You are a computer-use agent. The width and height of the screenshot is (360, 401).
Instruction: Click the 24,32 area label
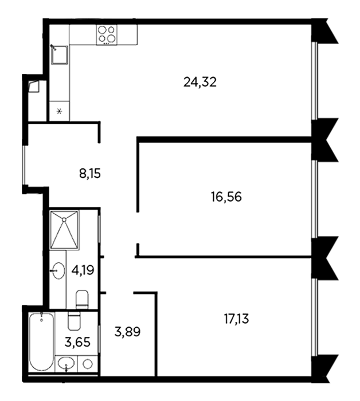tap(200, 82)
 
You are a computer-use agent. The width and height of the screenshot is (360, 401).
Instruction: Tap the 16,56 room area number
tap(226, 197)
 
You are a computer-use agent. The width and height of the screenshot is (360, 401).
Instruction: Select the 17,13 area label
tap(236, 319)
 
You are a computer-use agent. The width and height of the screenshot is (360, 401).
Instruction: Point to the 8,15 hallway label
tap(90, 174)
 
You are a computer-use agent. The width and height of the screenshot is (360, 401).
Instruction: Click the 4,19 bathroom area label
tap(83, 270)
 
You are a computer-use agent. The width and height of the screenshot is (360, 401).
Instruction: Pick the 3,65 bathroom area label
tap(77, 342)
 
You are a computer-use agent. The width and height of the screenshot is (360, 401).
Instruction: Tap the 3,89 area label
tap(127, 332)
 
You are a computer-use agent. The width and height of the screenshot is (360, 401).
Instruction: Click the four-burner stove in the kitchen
tap(107, 35)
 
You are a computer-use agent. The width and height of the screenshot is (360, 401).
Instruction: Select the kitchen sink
tap(60, 55)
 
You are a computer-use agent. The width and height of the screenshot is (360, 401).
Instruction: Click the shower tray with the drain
tap(64, 229)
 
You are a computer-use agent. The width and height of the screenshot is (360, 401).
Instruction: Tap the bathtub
tap(42, 341)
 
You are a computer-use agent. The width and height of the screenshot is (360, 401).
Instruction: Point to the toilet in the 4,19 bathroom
tap(82, 299)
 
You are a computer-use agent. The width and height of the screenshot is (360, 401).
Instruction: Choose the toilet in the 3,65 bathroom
tap(75, 321)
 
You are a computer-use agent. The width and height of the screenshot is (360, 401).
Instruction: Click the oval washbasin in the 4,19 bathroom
tap(58, 270)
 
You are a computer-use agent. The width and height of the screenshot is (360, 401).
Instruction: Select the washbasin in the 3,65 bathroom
tap(66, 363)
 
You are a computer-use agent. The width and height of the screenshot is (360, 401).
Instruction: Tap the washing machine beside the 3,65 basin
tap(88, 364)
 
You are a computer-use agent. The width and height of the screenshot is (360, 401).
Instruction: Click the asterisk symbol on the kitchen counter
tap(60, 112)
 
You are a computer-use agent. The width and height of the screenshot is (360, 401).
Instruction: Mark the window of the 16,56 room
tap(315, 199)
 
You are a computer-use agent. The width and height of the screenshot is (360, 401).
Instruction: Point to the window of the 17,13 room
tap(315, 317)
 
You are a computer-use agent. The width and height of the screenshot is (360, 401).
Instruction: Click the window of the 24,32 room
tap(315, 81)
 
